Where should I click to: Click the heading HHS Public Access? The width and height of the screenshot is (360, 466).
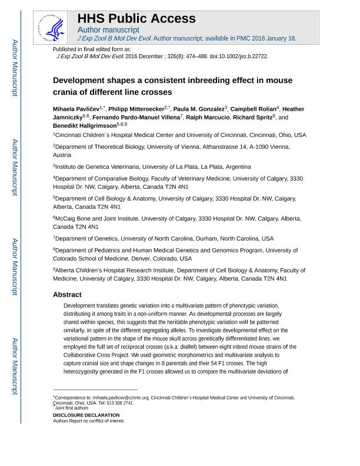tap(136, 18)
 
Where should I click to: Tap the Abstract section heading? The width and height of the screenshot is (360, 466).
tap(67, 294)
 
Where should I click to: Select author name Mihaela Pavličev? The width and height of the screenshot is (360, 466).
tap(76, 109)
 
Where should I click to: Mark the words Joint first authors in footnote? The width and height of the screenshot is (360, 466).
tap(72, 408)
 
